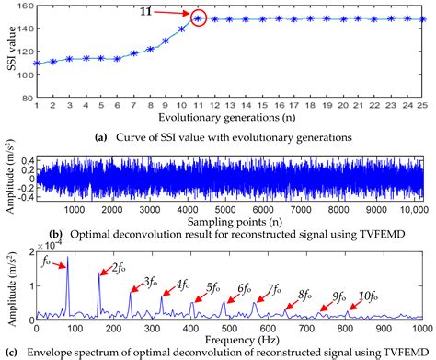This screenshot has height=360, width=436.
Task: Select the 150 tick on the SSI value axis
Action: (x=23, y=6)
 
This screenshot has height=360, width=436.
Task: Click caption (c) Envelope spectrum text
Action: (x=218, y=353)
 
